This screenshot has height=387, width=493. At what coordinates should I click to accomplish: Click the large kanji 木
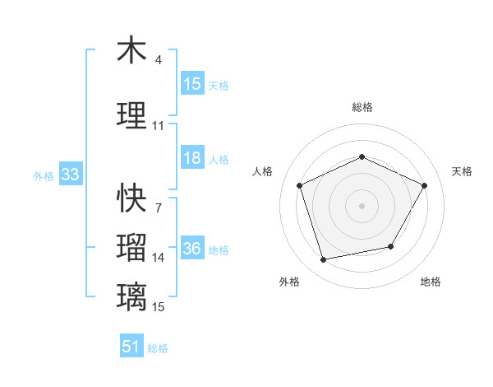tap(131, 51)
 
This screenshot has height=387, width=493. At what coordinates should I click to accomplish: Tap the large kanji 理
tap(131, 115)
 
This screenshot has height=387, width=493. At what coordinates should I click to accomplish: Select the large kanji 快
tap(131, 198)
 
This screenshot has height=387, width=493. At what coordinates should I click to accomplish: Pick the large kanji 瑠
tap(131, 248)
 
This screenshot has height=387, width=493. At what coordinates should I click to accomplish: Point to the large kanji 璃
tap(131, 296)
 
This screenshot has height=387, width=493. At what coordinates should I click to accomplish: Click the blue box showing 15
tap(191, 84)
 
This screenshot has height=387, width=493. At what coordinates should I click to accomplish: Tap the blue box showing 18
tap(191, 159)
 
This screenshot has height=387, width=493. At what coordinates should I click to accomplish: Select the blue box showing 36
tap(191, 249)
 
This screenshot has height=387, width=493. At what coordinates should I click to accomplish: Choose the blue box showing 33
tap(69, 175)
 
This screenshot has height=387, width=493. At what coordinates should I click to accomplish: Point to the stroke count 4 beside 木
tap(159, 60)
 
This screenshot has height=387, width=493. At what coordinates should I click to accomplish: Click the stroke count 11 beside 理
tap(159, 126)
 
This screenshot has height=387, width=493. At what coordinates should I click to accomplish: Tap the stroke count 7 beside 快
tap(159, 208)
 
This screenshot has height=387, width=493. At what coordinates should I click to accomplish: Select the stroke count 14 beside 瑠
tap(159, 258)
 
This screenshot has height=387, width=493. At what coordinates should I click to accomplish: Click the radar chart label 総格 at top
tap(362, 107)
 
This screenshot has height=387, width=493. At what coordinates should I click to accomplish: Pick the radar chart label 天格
tap(462, 171)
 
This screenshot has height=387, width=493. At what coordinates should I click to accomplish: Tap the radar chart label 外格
tap(289, 282)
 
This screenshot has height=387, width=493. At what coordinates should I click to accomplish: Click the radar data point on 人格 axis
tap(300, 186)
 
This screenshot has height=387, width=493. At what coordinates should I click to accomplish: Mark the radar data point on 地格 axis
tap(391, 246)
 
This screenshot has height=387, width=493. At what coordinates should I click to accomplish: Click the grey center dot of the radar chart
tap(362, 206)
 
